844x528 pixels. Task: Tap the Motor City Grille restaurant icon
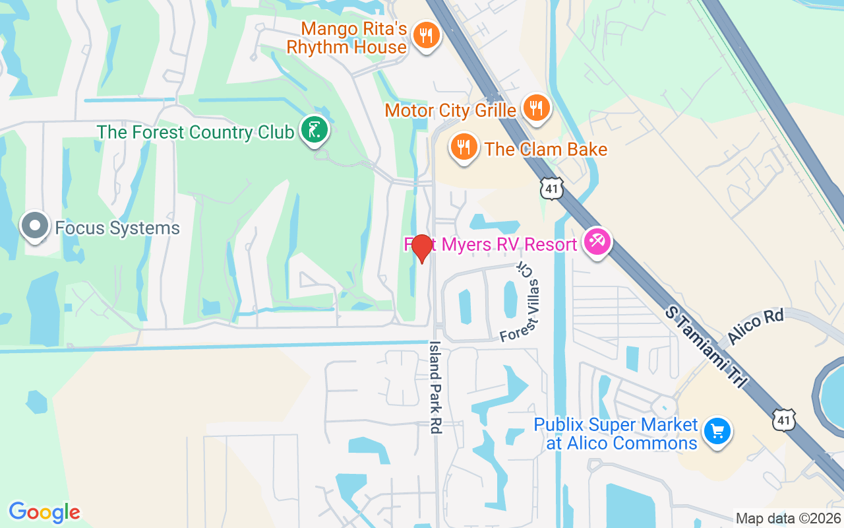(x=537, y=107)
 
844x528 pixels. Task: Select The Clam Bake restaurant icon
(x=464, y=146)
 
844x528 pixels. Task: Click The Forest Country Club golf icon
(x=315, y=129)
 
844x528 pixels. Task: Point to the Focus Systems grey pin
(x=34, y=226)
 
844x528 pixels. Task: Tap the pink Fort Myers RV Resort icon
(x=597, y=242)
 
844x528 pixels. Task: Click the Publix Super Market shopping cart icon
(x=717, y=432)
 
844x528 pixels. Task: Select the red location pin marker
(x=421, y=248)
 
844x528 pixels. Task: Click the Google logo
(x=44, y=512)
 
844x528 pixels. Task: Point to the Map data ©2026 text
(x=788, y=518)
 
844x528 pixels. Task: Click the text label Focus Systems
(x=117, y=228)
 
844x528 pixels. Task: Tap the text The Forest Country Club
(x=195, y=132)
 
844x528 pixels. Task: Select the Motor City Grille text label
(x=450, y=110)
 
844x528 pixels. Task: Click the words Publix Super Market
(x=616, y=425)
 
